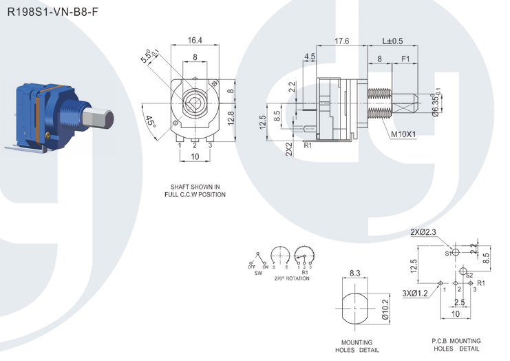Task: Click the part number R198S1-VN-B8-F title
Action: (x=52, y=12)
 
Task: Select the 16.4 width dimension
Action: (x=195, y=40)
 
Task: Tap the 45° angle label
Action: (x=150, y=121)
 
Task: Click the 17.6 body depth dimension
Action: (x=342, y=41)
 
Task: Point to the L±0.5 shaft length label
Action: (x=392, y=41)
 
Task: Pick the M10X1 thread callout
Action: (x=403, y=134)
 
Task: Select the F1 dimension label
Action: (x=405, y=59)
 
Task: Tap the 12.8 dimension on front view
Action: (x=231, y=118)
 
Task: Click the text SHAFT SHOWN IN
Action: (x=195, y=187)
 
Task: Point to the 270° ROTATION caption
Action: (x=292, y=278)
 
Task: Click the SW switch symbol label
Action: (x=258, y=273)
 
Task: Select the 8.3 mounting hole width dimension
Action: (x=355, y=273)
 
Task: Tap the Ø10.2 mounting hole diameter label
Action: (x=385, y=309)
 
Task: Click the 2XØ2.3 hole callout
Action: (x=423, y=232)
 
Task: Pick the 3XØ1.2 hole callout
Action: (x=415, y=293)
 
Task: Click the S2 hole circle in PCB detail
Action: (x=463, y=271)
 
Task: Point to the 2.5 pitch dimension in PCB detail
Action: (x=459, y=302)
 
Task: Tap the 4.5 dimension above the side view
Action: (x=309, y=56)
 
